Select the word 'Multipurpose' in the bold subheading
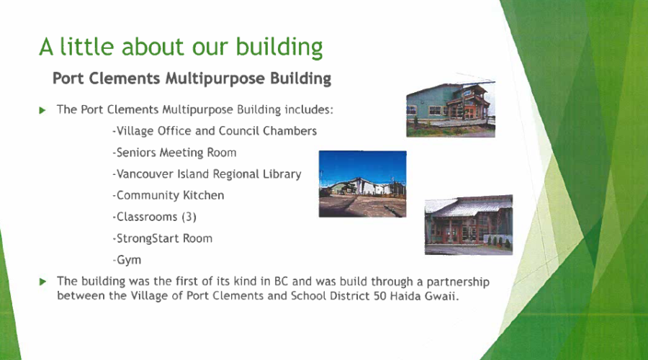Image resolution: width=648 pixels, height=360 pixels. (x=215, y=78)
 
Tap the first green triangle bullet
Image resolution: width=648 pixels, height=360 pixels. (x=42, y=110)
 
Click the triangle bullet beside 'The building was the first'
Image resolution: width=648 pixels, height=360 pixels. (x=42, y=282)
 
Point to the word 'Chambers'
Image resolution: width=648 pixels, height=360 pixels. (x=289, y=131)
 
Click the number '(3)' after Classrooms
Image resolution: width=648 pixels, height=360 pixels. (x=189, y=217)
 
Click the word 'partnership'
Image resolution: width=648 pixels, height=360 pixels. (x=458, y=282)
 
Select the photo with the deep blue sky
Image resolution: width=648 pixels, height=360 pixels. (x=362, y=184)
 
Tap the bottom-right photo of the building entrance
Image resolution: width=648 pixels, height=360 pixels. (x=469, y=225)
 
